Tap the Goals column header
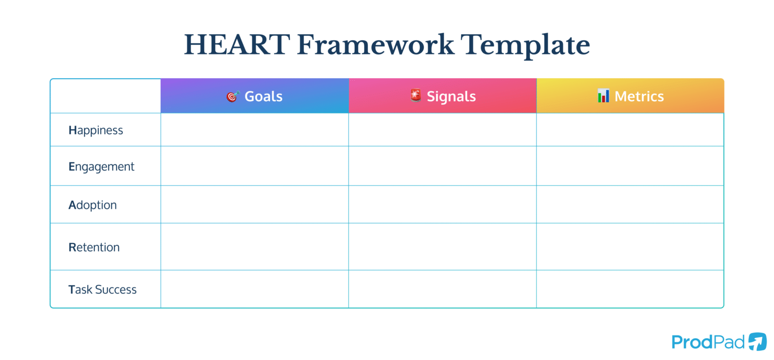tap(263, 96)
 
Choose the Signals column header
tap(451, 96)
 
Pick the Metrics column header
tap(639, 96)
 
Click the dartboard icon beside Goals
tap(232, 96)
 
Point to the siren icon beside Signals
tap(415, 95)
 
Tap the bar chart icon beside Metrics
tap(603, 96)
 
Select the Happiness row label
tap(96, 130)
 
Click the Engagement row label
tap(101, 167)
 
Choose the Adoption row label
tap(93, 205)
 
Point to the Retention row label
tap(94, 247)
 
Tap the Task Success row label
tap(102, 289)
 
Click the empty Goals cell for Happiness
tap(254, 130)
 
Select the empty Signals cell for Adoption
tap(442, 205)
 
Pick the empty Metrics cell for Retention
tap(630, 247)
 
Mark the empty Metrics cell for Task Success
tap(630, 289)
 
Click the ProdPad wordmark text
tap(708, 342)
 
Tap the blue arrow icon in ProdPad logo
tap(757, 341)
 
